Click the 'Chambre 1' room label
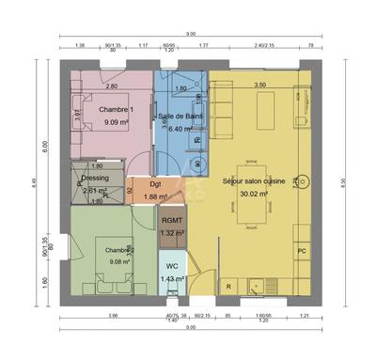point(117,110)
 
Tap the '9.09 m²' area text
point(117,122)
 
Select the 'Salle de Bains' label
point(180,117)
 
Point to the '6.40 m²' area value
point(180,129)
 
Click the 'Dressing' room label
point(95,177)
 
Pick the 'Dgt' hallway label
point(155,184)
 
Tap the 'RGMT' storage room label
point(172,222)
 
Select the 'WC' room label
point(172,266)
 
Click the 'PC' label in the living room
point(302,251)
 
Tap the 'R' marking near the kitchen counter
point(227,285)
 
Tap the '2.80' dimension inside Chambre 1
point(111,86)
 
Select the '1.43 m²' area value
point(172,278)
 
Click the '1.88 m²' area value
point(155,196)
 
